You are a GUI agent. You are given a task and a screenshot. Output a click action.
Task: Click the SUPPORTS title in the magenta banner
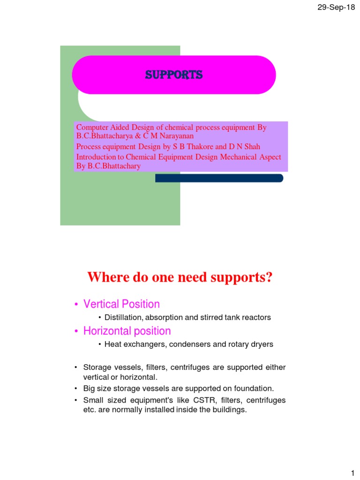click(173, 75)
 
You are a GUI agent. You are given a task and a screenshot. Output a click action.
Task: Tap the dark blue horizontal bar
click(219, 178)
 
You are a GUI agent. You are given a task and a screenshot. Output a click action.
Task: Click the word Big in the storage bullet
click(89, 389)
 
